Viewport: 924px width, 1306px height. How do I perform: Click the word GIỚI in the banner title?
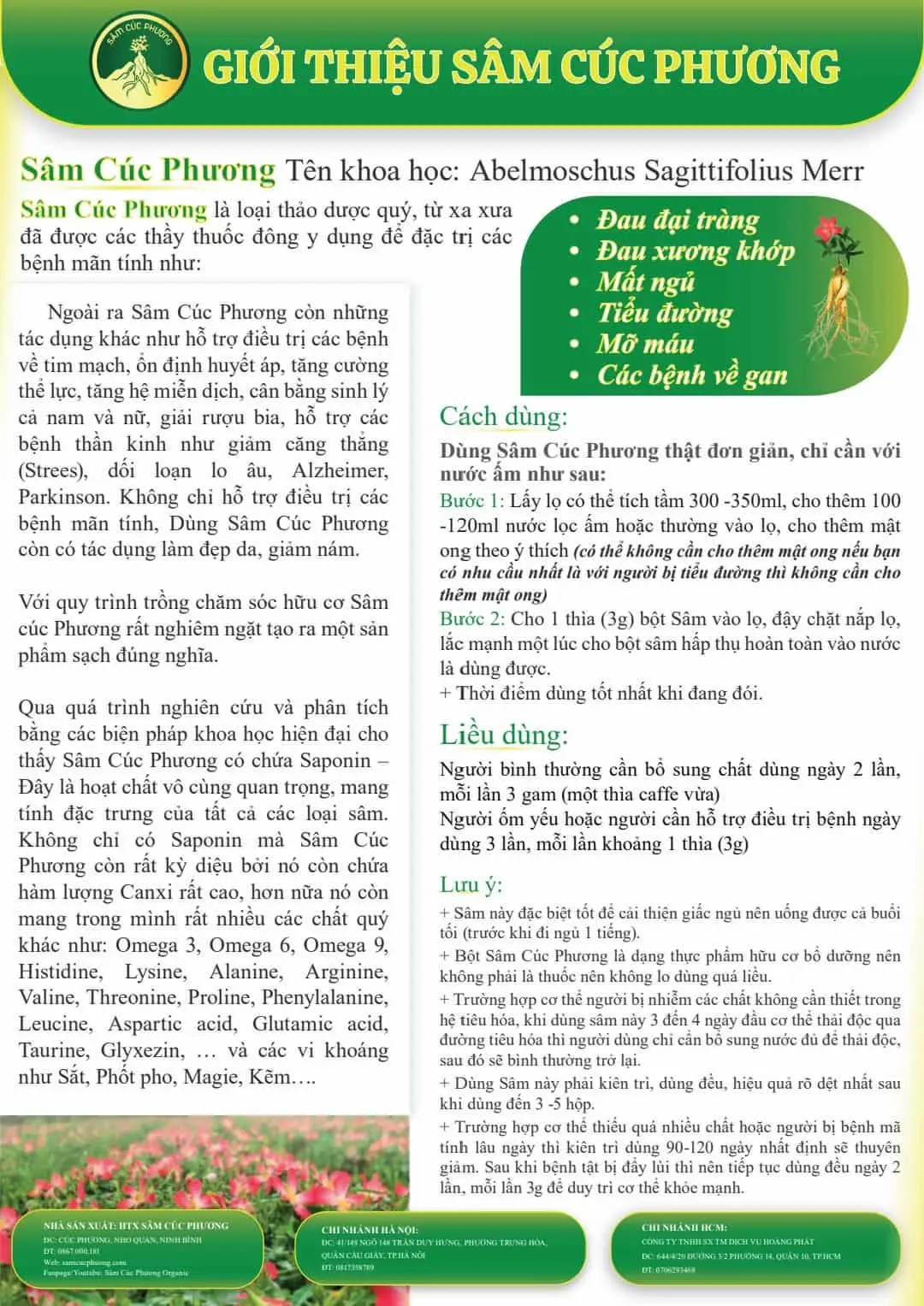pyautogui.click(x=249, y=68)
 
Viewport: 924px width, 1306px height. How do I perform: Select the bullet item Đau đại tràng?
pyautogui.click(x=677, y=221)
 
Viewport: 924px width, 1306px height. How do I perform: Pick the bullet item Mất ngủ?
pyautogui.click(x=645, y=282)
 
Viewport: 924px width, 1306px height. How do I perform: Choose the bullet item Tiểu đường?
pyautogui.click(x=665, y=313)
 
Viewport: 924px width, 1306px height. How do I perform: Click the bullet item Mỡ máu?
pyautogui.click(x=644, y=344)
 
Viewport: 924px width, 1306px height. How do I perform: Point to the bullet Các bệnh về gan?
pyautogui.click(x=691, y=375)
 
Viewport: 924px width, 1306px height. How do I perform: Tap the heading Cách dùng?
pyautogui.click(x=503, y=417)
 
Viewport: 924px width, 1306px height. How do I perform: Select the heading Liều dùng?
pyautogui.click(x=503, y=735)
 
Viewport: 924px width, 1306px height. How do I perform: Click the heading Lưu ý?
pyautogui.click(x=471, y=884)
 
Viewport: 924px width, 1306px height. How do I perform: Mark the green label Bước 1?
pyautogui.click(x=471, y=501)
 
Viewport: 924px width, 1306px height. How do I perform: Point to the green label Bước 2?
pyautogui.click(x=471, y=618)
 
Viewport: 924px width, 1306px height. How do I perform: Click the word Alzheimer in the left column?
pyautogui.click(x=340, y=470)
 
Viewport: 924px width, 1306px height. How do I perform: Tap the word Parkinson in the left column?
pyautogui.click(x=63, y=497)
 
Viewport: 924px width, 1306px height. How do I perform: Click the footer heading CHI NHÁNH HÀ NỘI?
pyautogui.click(x=370, y=1230)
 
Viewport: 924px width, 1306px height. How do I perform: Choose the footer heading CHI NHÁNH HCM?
pyautogui.click(x=684, y=1227)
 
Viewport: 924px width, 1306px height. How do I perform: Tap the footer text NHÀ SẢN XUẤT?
pyautogui.click(x=80, y=1225)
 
